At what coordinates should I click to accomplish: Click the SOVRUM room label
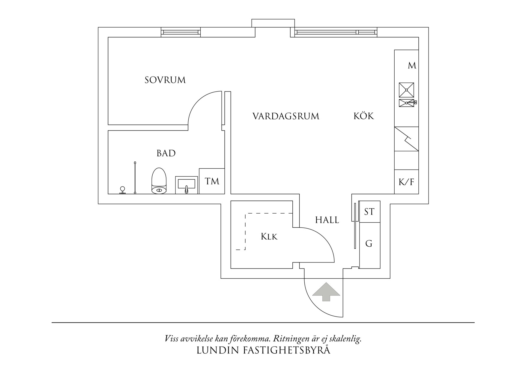[165, 80]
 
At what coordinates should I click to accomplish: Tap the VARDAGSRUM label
[285, 116]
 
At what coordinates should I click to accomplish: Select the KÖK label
[363, 116]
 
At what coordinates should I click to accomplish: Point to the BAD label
[166, 154]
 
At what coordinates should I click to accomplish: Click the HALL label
[327, 220]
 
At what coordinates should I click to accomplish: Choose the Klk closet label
[269, 237]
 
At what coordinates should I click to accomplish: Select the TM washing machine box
[212, 181]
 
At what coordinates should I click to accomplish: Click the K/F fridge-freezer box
[406, 182]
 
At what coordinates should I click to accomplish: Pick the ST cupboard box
[369, 212]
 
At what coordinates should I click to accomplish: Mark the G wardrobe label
[369, 244]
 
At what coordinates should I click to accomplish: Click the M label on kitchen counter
[412, 66]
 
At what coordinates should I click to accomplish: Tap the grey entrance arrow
[326, 291]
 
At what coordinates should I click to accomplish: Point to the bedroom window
[181, 32]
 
